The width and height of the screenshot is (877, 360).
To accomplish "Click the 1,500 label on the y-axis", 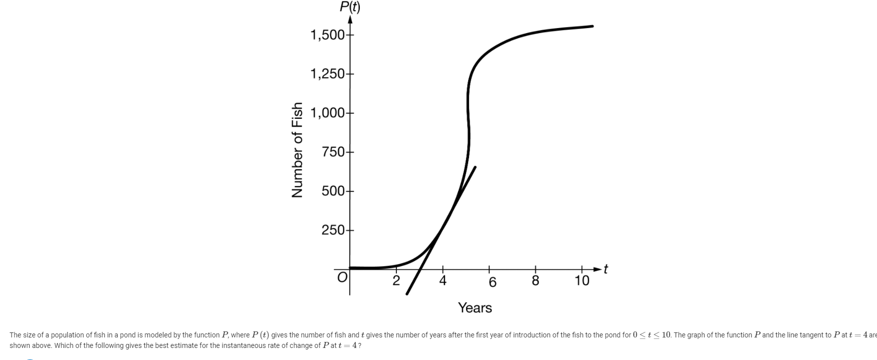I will point(327,35).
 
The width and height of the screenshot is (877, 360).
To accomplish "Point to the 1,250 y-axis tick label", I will point(327,74).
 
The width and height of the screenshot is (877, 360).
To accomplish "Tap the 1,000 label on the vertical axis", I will point(327,113).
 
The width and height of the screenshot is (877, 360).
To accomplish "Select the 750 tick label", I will point(334,152).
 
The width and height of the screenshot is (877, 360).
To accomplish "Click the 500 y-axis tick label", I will point(334,191).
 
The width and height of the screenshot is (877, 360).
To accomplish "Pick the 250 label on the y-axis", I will point(334,230).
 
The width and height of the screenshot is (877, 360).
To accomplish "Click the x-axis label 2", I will point(396,281).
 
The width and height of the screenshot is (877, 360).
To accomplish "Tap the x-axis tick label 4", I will point(443,281).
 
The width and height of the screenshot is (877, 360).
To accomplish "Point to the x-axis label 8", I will point(535,281).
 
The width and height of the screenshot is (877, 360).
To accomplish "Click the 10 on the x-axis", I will point(582,281).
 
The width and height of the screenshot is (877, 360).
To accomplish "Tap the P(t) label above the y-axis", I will point(350,7).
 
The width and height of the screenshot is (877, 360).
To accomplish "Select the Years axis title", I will point(475,308).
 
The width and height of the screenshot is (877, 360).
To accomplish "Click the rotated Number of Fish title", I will point(298,150).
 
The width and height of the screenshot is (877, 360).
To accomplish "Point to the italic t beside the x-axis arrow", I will point(605,269).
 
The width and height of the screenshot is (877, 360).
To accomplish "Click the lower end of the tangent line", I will point(407,294).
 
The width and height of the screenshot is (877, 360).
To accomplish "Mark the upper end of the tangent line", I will point(475,167).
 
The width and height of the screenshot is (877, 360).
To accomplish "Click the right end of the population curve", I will point(592,26).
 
